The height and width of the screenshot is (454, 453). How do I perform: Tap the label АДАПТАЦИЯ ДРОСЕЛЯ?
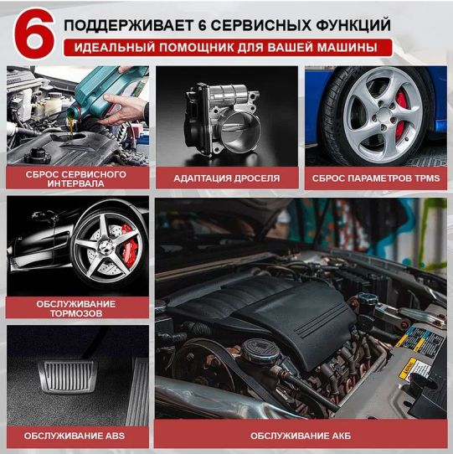(x=226, y=178)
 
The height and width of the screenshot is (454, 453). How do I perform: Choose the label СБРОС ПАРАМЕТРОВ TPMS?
(x=375, y=178)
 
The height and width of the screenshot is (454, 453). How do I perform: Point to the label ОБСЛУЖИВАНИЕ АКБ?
(x=301, y=436)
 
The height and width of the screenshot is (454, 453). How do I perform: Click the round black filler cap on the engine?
(x=261, y=348)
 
